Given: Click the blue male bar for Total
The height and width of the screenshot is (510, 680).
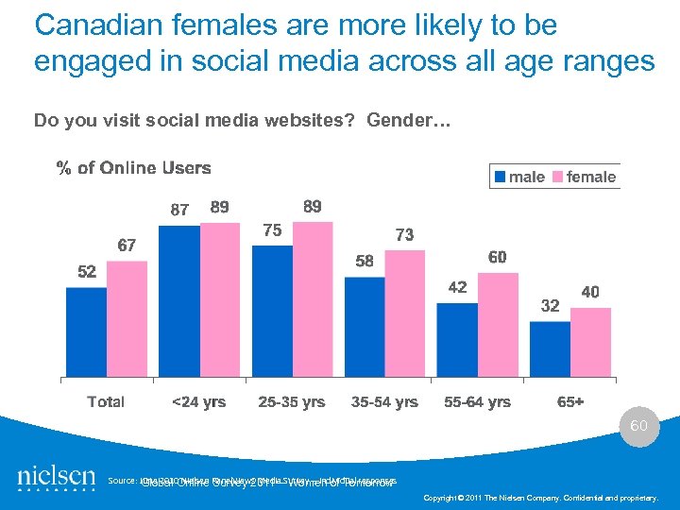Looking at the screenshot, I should click(86, 332).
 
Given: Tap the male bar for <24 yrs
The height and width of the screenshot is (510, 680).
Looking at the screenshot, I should click(178, 301).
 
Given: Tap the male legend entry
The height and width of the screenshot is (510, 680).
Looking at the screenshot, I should click(518, 177).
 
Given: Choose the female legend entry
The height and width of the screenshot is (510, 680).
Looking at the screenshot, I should click(584, 177).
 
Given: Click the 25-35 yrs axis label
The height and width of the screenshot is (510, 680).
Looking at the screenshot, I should click(292, 402).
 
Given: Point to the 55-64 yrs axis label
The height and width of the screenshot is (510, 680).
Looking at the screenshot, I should click(477, 402).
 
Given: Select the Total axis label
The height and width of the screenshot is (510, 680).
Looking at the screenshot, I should click(106, 402).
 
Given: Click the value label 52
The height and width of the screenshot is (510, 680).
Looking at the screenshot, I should click(87, 272).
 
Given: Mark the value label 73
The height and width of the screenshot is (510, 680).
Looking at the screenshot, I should click(404, 235).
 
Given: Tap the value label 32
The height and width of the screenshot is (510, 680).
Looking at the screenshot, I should click(550, 306).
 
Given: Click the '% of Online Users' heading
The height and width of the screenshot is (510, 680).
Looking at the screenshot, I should click(133, 168).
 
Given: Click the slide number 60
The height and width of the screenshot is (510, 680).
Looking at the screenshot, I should click(639, 426).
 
